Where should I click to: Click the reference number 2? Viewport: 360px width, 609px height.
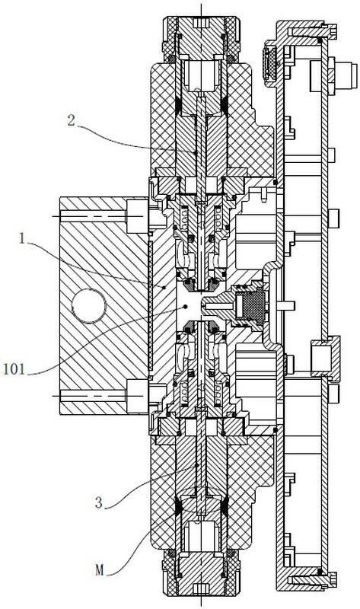(71, 120)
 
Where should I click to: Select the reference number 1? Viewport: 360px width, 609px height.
(22, 238)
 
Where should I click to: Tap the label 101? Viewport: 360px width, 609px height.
(14, 369)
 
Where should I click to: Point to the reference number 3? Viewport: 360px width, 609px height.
(99, 503)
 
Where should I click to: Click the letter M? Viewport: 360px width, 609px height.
(100, 570)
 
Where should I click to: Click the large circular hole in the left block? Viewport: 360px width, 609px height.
(89, 306)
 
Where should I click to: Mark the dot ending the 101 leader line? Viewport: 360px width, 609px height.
(185, 307)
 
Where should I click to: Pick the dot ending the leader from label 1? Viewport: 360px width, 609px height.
(164, 288)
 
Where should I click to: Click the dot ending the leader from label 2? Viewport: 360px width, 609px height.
(196, 153)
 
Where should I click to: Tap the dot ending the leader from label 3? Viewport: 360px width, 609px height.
(197, 464)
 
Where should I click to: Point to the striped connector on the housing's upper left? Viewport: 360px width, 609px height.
(270, 64)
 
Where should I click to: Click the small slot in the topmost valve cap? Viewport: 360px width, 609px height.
(201, 24)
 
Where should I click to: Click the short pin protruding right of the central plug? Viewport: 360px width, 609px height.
(285, 306)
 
